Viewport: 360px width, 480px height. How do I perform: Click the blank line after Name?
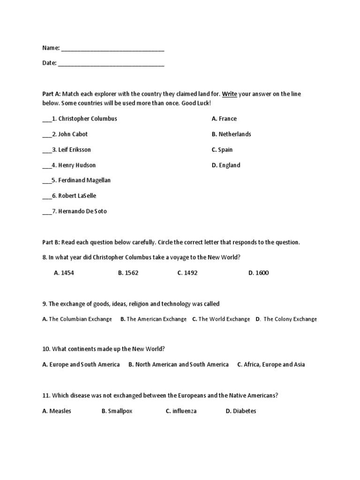click(x=112, y=49)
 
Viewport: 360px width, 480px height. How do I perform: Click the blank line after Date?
click(x=111, y=65)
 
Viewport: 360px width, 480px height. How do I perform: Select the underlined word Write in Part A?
click(x=229, y=94)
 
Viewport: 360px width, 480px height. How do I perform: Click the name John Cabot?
click(x=73, y=134)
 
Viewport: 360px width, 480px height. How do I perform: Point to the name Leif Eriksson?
click(x=75, y=150)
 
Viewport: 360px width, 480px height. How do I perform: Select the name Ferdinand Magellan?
click(x=84, y=180)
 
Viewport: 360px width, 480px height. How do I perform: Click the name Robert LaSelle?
click(x=77, y=195)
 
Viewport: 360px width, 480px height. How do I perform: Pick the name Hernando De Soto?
click(x=82, y=211)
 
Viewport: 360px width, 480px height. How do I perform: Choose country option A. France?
click(x=224, y=119)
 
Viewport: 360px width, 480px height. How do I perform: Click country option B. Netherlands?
click(x=231, y=134)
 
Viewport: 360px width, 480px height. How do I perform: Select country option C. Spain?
click(x=222, y=150)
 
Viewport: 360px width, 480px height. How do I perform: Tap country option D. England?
click(x=226, y=165)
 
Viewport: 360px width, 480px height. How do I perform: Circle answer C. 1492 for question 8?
click(x=187, y=273)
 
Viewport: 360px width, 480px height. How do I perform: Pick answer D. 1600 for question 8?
click(x=258, y=273)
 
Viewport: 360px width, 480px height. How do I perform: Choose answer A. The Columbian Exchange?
click(x=77, y=319)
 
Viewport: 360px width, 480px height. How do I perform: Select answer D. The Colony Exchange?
click(x=286, y=319)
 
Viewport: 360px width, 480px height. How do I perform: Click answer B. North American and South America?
click(x=178, y=364)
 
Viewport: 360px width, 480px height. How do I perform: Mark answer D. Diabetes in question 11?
click(x=241, y=411)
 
